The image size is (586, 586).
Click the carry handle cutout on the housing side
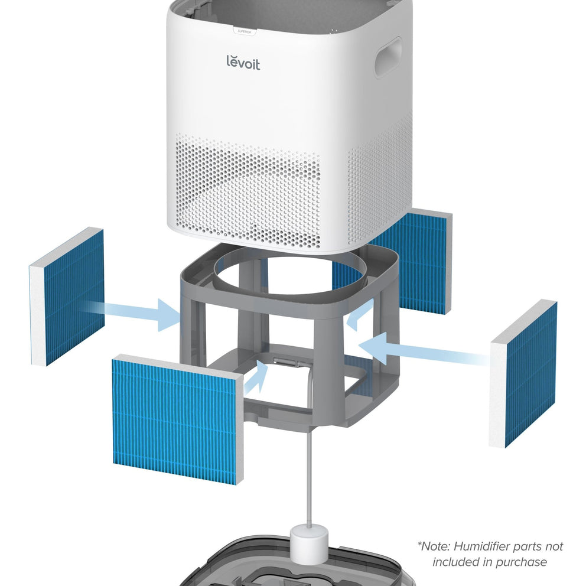[388, 58]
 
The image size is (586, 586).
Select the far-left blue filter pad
[67, 297]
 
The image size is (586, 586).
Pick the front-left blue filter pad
[177, 419]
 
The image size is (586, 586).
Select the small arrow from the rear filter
[361, 314]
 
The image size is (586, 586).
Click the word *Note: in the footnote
[434, 546]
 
